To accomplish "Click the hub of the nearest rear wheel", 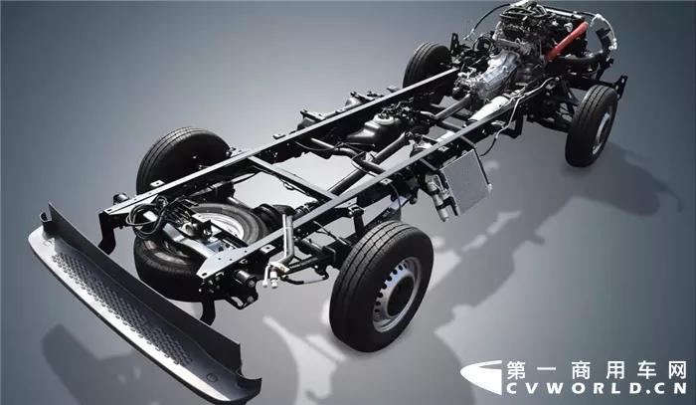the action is coord(395,294).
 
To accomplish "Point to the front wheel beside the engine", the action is coord(592,125).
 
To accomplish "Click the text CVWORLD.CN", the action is coord(597,388).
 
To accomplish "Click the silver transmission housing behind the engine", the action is coord(493,74).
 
